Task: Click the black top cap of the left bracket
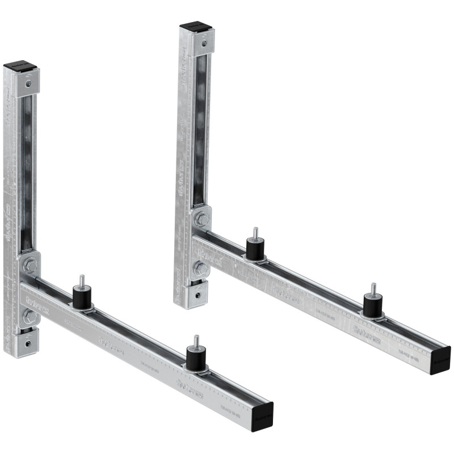click(20, 68)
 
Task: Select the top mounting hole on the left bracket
click(28, 83)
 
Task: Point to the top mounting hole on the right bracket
click(203, 42)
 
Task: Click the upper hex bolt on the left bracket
click(31, 265)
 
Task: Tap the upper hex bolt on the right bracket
click(201, 218)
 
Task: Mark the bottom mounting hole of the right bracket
click(196, 294)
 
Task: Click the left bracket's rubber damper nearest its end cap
click(195, 358)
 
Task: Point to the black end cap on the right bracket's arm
click(440, 359)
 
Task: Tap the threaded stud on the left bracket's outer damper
click(196, 341)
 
